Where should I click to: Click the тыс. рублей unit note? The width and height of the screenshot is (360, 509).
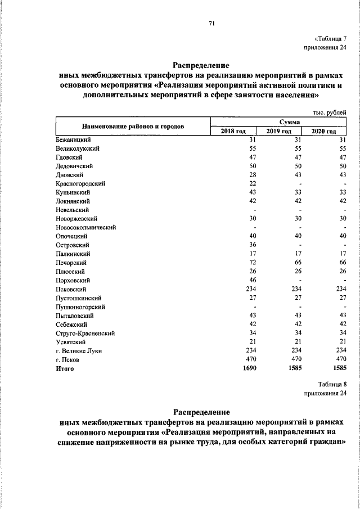(330, 112)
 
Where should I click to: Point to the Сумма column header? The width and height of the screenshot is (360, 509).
(279, 121)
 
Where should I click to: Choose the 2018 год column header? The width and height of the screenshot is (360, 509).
(233, 130)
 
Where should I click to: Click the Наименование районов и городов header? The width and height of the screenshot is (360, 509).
(133, 126)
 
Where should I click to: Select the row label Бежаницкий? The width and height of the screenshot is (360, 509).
(74, 139)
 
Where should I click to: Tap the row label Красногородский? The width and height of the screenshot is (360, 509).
(80, 183)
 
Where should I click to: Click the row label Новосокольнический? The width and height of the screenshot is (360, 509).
(85, 227)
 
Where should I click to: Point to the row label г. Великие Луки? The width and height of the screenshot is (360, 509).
(78, 351)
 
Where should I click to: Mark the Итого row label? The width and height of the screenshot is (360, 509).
(65, 369)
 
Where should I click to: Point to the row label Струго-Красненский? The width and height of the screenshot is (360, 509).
(85, 334)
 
